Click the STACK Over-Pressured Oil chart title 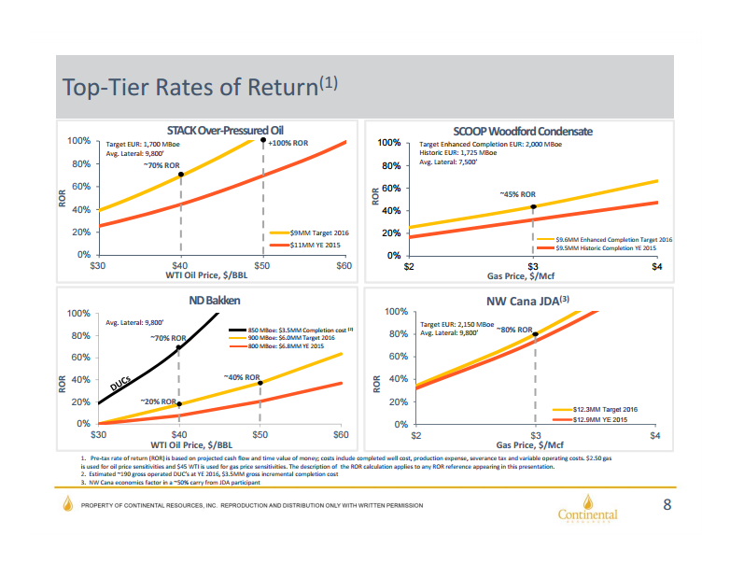pyautogui.click(x=224, y=130)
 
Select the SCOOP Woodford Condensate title pyautogui.click(x=523, y=130)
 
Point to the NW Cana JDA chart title pyautogui.click(x=528, y=301)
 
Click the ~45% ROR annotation pyautogui.click(x=518, y=194)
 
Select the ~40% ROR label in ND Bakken pyautogui.click(x=241, y=377)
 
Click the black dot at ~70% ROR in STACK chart pyautogui.click(x=180, y=175)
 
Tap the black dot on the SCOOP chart pyautogui.click(x=533, y=206)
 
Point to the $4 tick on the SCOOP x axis pyautogui.click(x=656, y=268)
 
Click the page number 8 pyautogui.click(x=667, y=505)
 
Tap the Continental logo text pyautogui.click(x=587, y=514)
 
